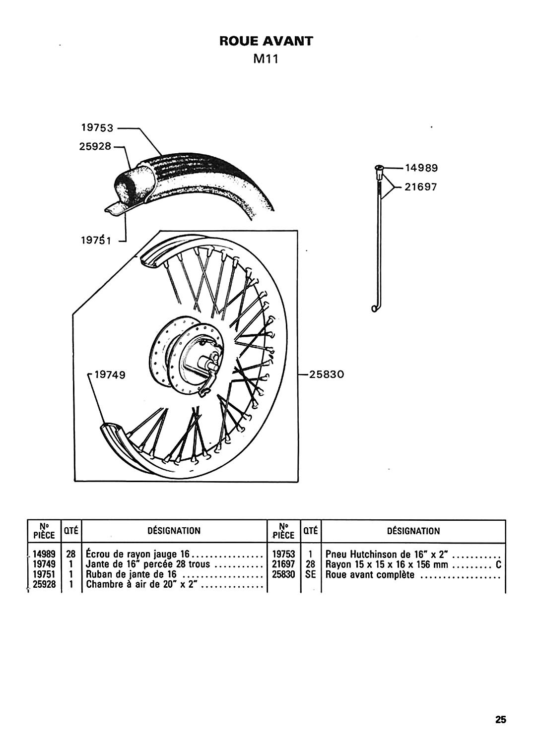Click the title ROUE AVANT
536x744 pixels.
[x=267, y=41]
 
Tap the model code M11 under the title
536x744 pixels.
[x=266, y=60]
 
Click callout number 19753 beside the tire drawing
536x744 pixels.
[x=98, y=128]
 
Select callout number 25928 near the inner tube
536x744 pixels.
[x=96, y=147]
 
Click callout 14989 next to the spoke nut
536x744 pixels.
[x=421, y=168]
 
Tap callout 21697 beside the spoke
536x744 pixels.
[x=421, y=188]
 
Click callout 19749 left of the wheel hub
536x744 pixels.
[x=110, y=375]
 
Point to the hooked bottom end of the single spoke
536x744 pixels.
[x=375, y=308]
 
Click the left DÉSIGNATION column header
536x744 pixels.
[x=174, y=531]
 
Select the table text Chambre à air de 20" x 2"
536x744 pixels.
[x=142, y=585]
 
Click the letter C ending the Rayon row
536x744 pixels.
[x=498, y=565]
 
